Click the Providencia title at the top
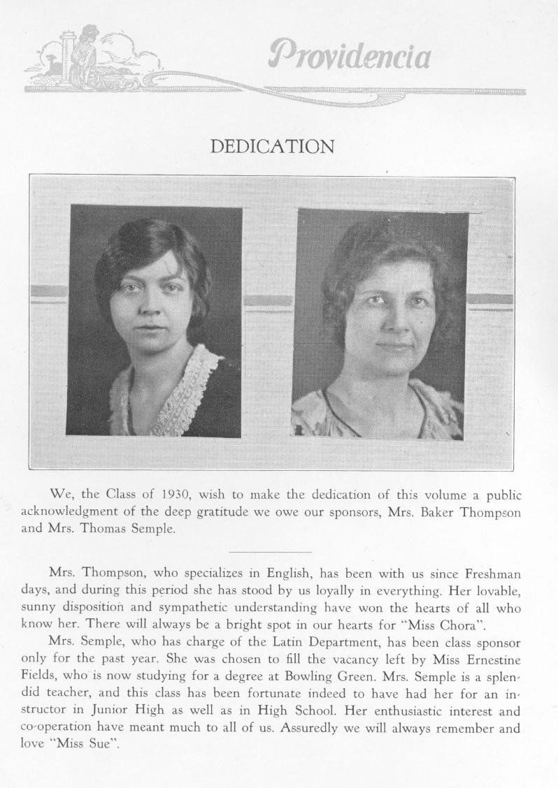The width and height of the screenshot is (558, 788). point(349,56)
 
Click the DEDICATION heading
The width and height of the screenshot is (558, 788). point(272,147)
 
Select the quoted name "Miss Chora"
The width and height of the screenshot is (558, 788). point(441,624)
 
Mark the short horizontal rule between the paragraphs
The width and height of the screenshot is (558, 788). point(270,552)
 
